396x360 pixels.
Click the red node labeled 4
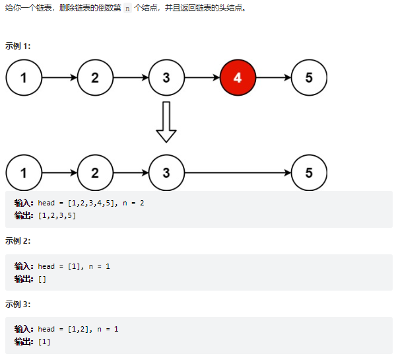tap(238, 78)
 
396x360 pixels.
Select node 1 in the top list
tap(24, 78)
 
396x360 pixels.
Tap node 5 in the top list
tap(309, 78)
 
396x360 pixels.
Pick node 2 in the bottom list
tap(95, 173)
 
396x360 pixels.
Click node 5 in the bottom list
tap(309, 173)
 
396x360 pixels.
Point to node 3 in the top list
tap(166, 78)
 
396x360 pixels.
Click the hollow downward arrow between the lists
tap(166, 122)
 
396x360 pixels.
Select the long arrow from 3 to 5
tap(238, 173)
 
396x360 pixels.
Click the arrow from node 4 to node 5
tap(273, 78)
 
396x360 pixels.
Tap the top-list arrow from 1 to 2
tap(59, 78)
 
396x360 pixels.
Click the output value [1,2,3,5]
tap(57, 216)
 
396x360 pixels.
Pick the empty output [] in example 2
tap(42, 279)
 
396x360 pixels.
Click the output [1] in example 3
tap(44, 342)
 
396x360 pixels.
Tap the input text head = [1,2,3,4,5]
tap(75, 203)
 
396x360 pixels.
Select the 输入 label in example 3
tap(24, 329)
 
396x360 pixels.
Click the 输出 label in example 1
tap(24, 216)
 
